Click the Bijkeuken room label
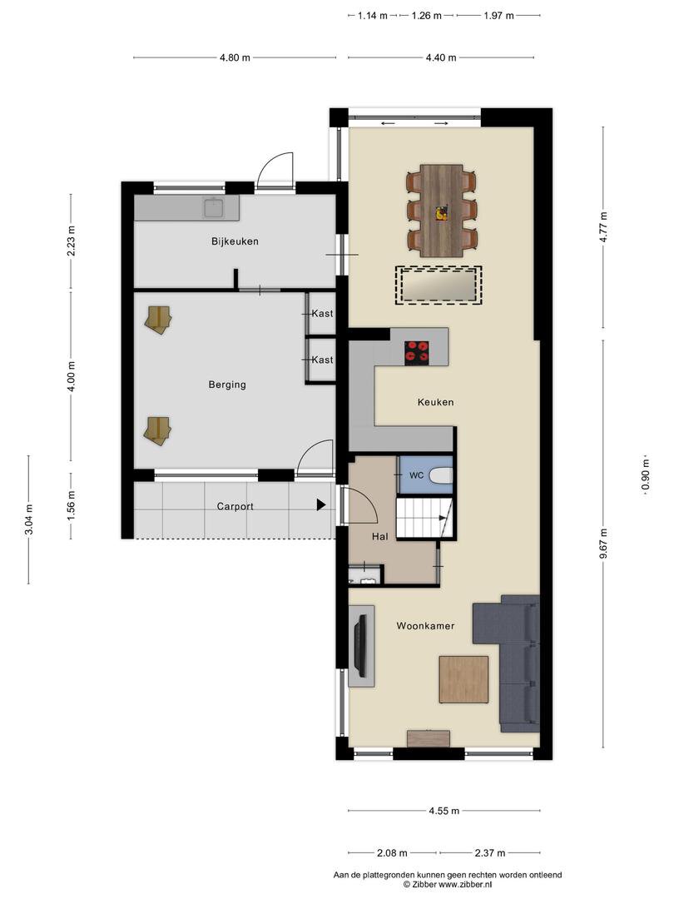click(235, 241)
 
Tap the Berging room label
click(227, 385)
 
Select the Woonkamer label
click(425, 626)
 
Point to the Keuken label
click(435, 403)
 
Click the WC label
click(416, 475)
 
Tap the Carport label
click(235, 507)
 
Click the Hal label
click(379, 537)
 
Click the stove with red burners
click(417, 353)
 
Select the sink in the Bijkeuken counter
click(214, 208)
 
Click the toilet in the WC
click(441, 475)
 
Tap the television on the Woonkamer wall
click(360, 646)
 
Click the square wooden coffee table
click(463, 679)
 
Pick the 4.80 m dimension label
click(235, 57)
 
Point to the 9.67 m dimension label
click(603, 544)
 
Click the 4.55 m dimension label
click(444, 811)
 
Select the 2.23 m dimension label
click(71, 241)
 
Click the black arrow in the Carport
click(321, 505)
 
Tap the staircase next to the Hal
click(424, 518)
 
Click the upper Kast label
click(322, 314)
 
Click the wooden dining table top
click(441, 211)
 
